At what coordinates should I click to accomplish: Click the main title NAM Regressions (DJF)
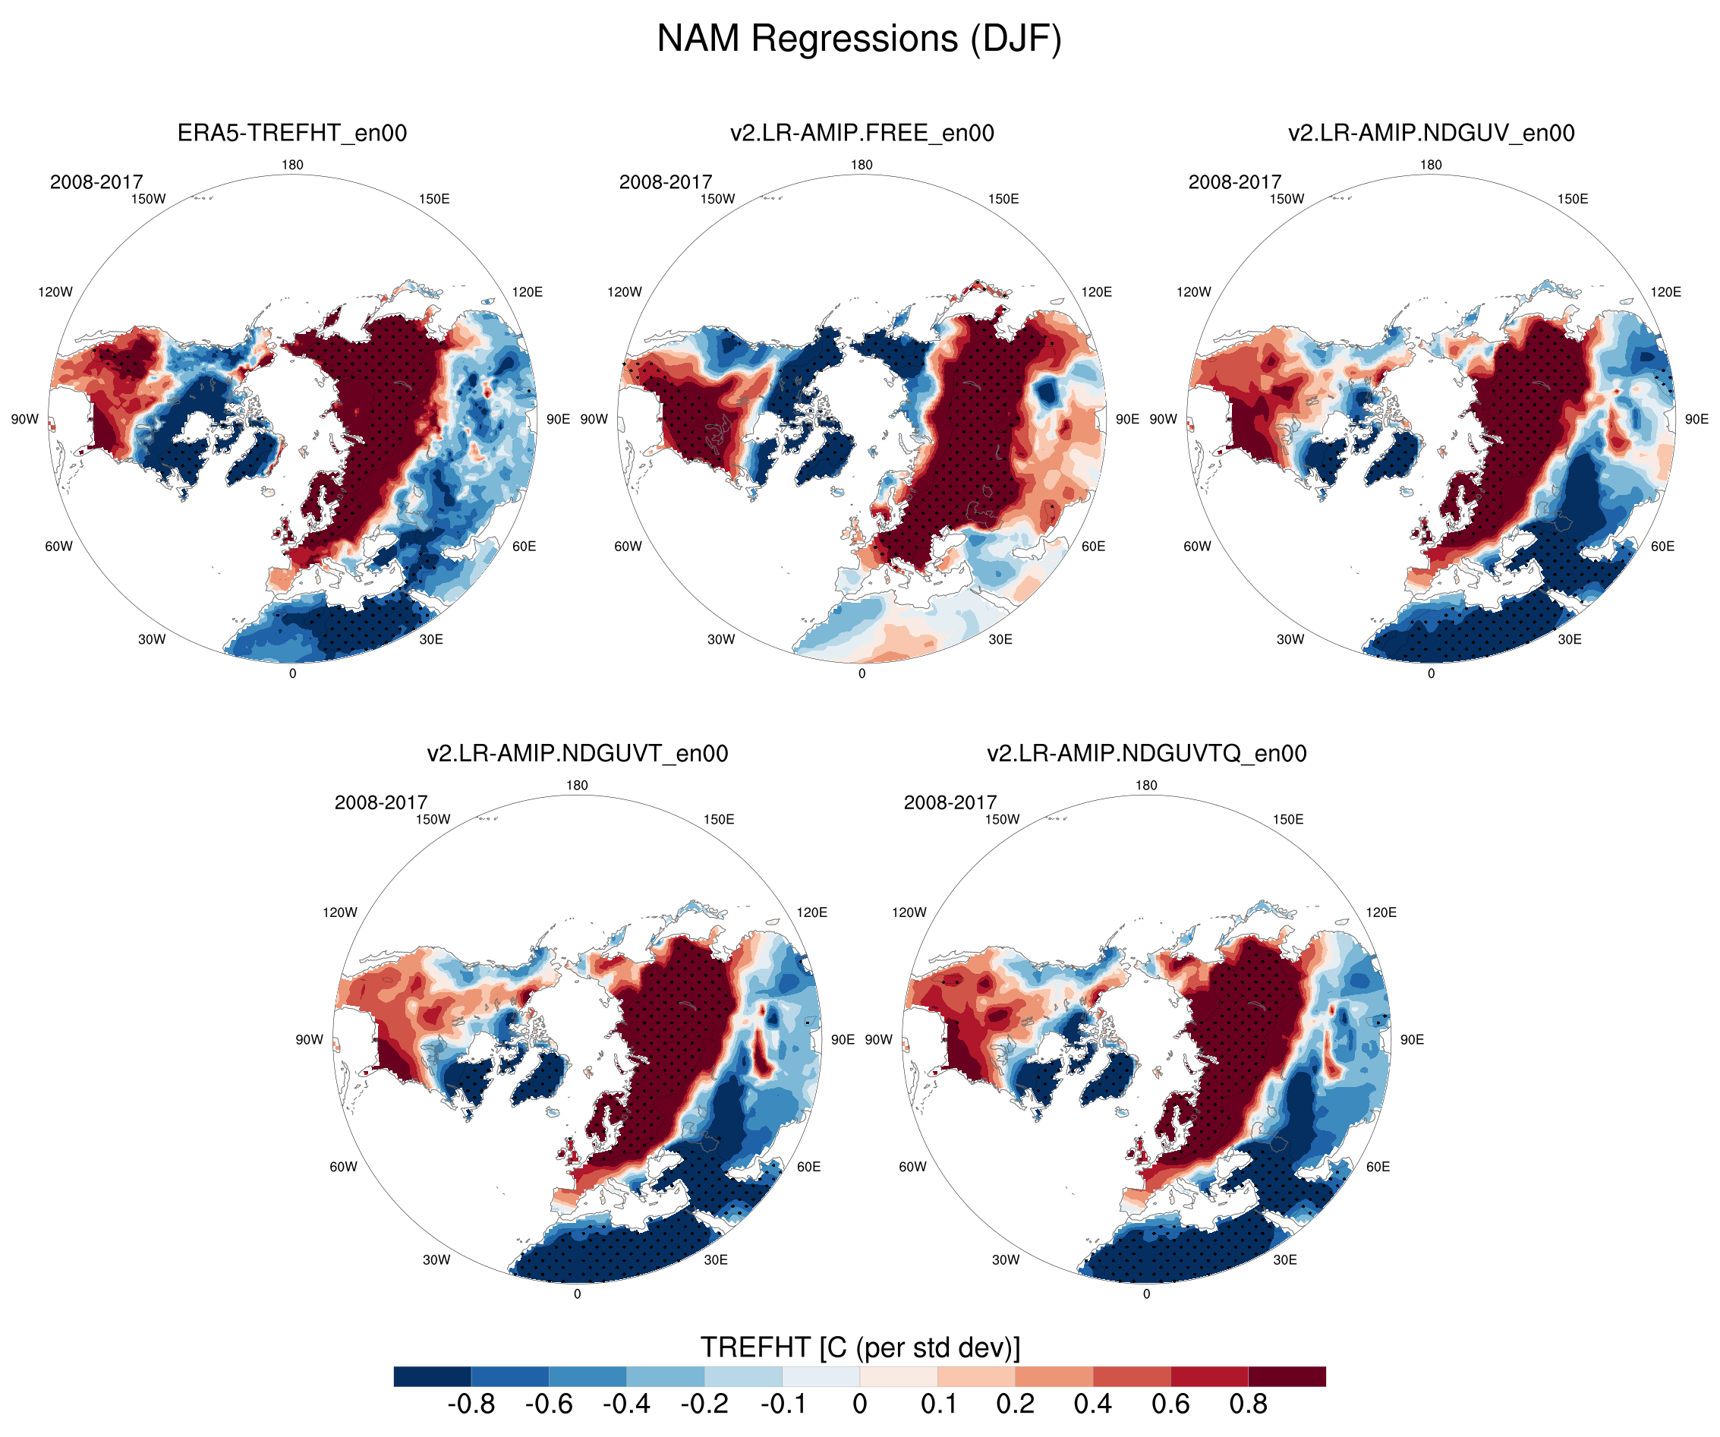859,39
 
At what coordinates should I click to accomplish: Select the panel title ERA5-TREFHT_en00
292,133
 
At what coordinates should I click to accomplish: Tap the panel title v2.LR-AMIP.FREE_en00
862,133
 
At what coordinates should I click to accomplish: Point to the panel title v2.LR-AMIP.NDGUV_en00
1431,133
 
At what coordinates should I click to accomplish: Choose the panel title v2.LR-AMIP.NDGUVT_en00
578,753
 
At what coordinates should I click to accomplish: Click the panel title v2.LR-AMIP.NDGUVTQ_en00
1147,753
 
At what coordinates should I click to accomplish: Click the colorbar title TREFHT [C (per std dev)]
860,1347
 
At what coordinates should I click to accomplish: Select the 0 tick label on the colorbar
860,1404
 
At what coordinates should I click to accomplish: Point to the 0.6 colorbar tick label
1170,1404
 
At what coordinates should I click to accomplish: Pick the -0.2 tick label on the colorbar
704,1404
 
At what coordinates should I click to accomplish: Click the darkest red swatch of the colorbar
1287,1376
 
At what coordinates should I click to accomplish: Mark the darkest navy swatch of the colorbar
433,1376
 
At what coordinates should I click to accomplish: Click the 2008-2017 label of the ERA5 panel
96,182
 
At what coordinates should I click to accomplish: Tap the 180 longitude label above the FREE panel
862,165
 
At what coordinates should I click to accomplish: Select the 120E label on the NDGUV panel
1666,291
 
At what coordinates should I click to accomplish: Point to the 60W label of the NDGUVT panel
343,1167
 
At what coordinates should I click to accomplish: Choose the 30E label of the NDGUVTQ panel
1285,1259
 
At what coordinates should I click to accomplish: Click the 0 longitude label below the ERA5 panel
292,673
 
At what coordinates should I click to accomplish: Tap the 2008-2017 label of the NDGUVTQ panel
950,802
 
